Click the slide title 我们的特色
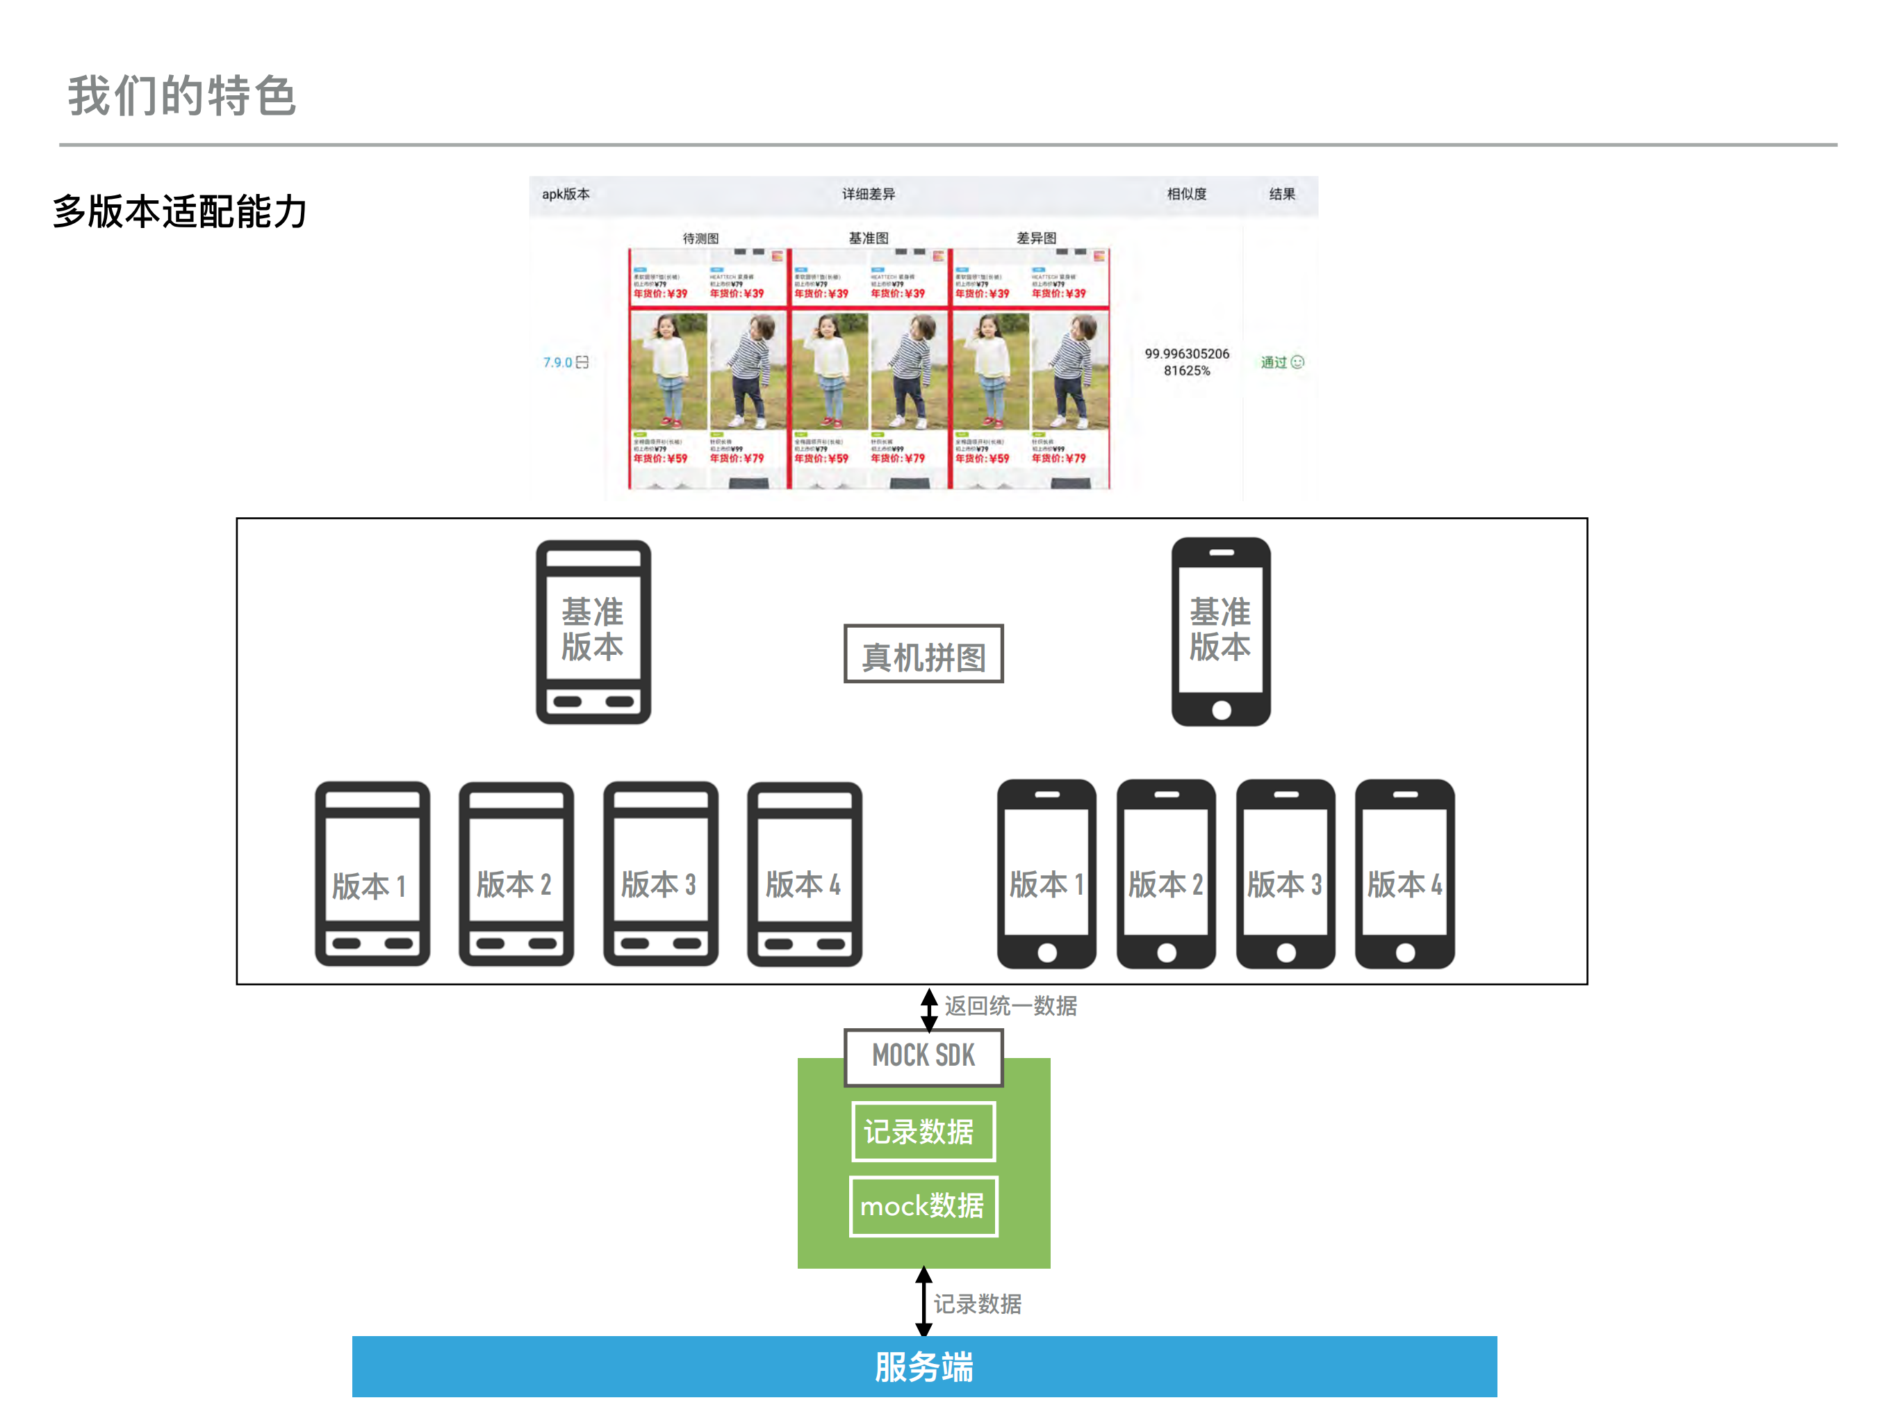coord(182,95)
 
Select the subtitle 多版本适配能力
coord(179,211)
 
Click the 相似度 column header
coord(1186,194)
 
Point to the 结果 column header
coord(1281,194)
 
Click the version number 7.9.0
coord(558,362)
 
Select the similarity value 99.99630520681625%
coord(1186,362)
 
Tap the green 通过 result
coord(1274,362)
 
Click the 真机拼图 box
coord(923,654)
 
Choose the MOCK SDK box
coord(923,1056)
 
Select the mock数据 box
coord(923,1206)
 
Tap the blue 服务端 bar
coord(923,1367)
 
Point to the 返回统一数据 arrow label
coord(1010,1005)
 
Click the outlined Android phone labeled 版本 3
coord(659,874)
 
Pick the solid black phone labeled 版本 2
coord(1165,874)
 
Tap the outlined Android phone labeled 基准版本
coord(593,632)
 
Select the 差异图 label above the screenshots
coord(1036,238)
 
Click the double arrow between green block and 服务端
coord(923,1301)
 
